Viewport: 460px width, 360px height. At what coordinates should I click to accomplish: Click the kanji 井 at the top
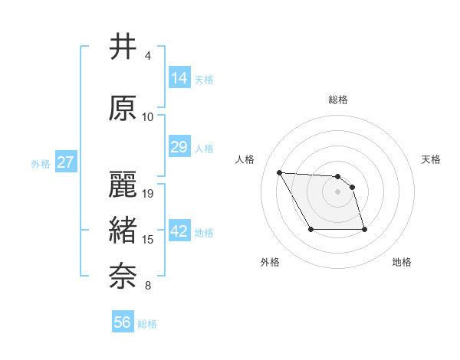[x=123, y=47]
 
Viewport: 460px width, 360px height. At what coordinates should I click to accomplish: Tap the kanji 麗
[x=123, y=185]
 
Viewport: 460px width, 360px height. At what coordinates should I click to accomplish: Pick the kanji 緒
[x=123, y=231]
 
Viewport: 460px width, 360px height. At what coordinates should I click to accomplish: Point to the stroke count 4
[x=148, y=56]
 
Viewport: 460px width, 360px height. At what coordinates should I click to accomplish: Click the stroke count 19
[x=149, y=193]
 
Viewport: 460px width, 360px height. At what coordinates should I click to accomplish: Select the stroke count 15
[x=149, y=240]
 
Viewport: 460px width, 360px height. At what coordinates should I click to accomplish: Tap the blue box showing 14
[x=179, y=77]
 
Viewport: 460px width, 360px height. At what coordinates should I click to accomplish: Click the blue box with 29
[x=179, y=146]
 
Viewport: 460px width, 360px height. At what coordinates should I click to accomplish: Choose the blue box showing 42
[x=179, y=231]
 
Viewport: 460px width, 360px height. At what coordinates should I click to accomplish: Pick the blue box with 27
[x=65, y=162]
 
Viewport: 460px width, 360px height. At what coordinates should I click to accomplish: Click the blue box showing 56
[x=123, y=322]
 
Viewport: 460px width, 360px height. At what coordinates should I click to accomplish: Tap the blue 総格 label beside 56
[x=148, y=324]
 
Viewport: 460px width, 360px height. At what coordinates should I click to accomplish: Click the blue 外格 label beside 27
[x=41, y=163]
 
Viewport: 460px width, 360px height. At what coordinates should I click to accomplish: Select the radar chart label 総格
[x=338, y=100]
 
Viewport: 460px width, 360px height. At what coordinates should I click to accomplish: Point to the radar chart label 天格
[x=432, y=159]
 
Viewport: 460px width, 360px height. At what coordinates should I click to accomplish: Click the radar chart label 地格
[x=402, y=262]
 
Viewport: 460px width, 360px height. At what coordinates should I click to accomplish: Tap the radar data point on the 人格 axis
[x=279, y=172]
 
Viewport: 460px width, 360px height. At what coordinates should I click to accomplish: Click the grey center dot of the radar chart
[x=338, y=191]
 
